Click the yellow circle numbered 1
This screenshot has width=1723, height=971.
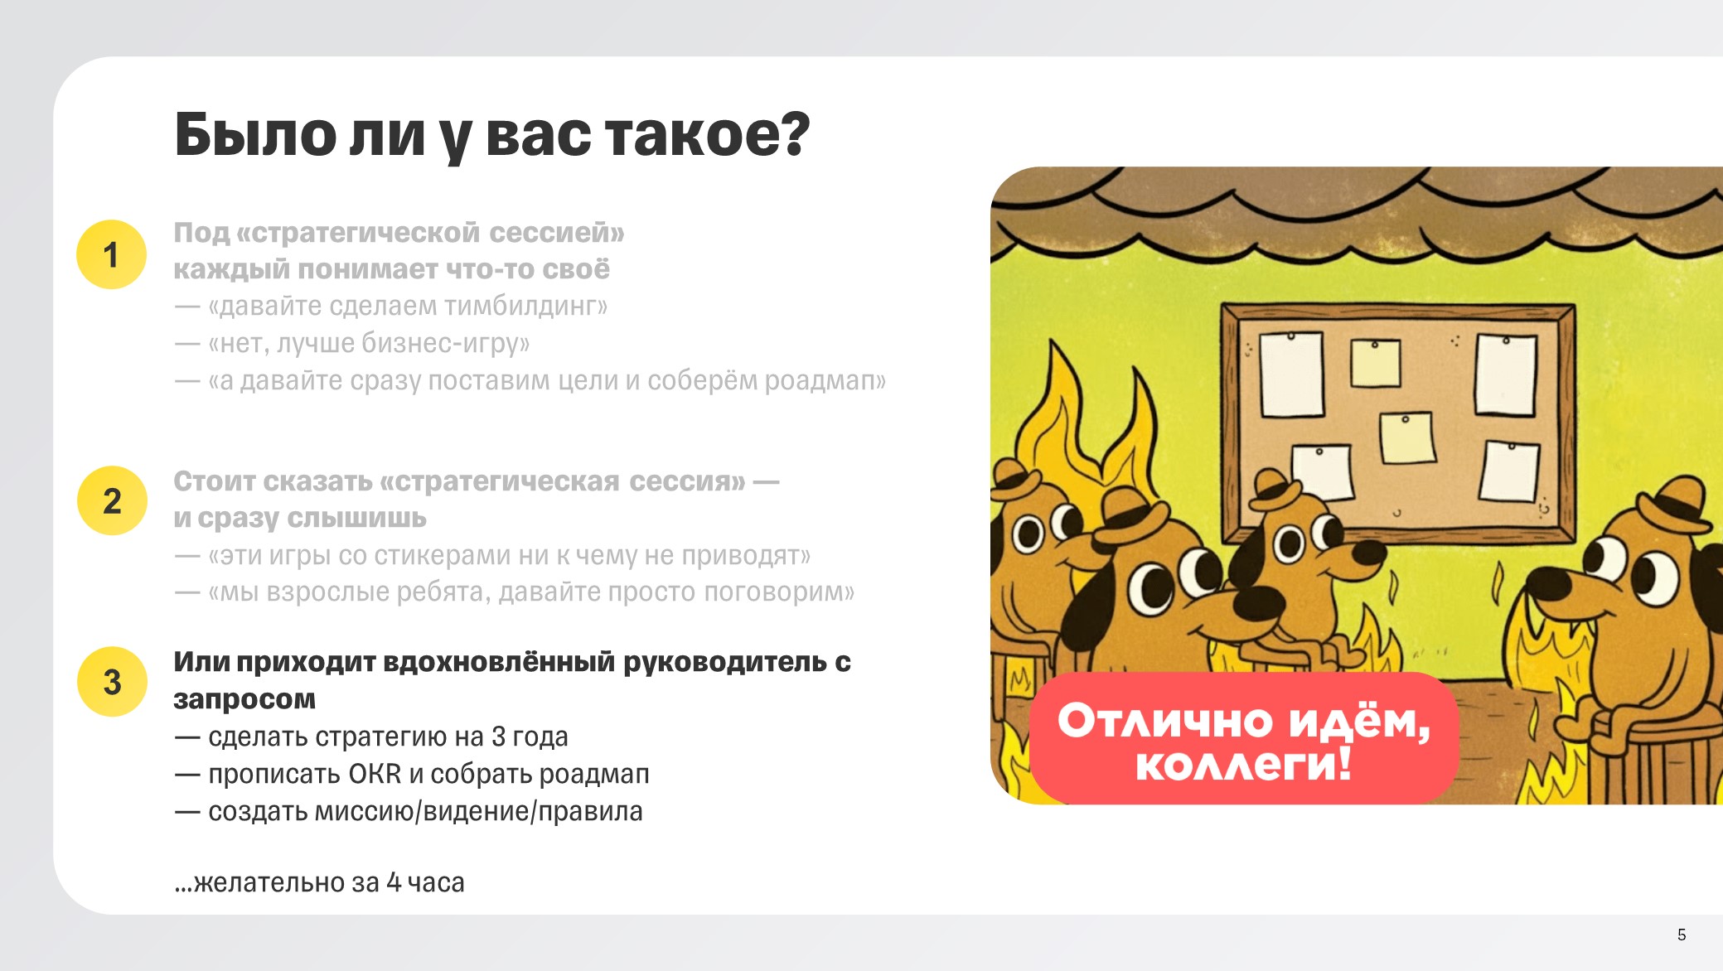pyautogui.click(x=111, y=254)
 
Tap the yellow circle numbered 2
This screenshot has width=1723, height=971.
pyautogui.click(x=112, y=500)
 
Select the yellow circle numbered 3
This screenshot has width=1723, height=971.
pyautogui.click(x=112, y=682)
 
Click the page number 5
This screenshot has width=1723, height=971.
pyautogui.click(x=1682, y=935)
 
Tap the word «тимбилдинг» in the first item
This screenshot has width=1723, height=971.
pyautogui.click(x=520, y=307)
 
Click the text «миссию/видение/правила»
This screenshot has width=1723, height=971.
pyautogui.click(x=478, y=811)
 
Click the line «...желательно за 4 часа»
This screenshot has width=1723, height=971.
pyautogui.click(x=319, y=882)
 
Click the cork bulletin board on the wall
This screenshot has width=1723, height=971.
pyautogui.click(x=1398, y=423)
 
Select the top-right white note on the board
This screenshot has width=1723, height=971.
pyautogui.click(x=1505, y=374)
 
